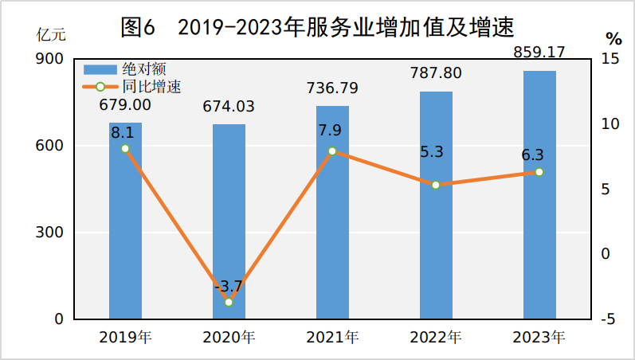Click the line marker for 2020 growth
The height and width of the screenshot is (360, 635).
229,302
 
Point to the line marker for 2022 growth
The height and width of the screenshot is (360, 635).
436,185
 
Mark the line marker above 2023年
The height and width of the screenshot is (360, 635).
539,172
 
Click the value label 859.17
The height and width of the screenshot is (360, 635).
539,53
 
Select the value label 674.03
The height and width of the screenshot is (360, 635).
229,107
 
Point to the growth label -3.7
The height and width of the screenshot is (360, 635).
229,286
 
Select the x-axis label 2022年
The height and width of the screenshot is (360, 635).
436,337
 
